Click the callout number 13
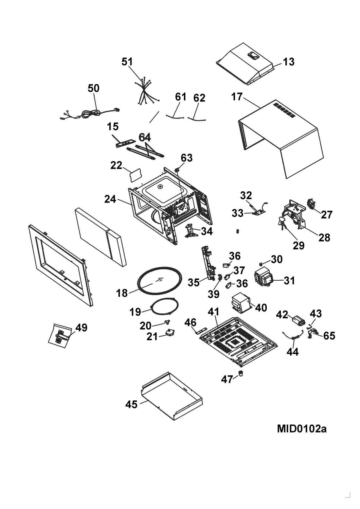pyautogui.click(x=289, y=61)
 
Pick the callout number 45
pyautogui.click(x=132, y=405)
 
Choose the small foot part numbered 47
pyautogui.click(x=241, y=373)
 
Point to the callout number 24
pyautogui.click(x=110, y=199)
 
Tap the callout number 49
pyautogui.click(x=81, y=327)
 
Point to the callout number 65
pyautogui.click(x=330, y=336)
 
